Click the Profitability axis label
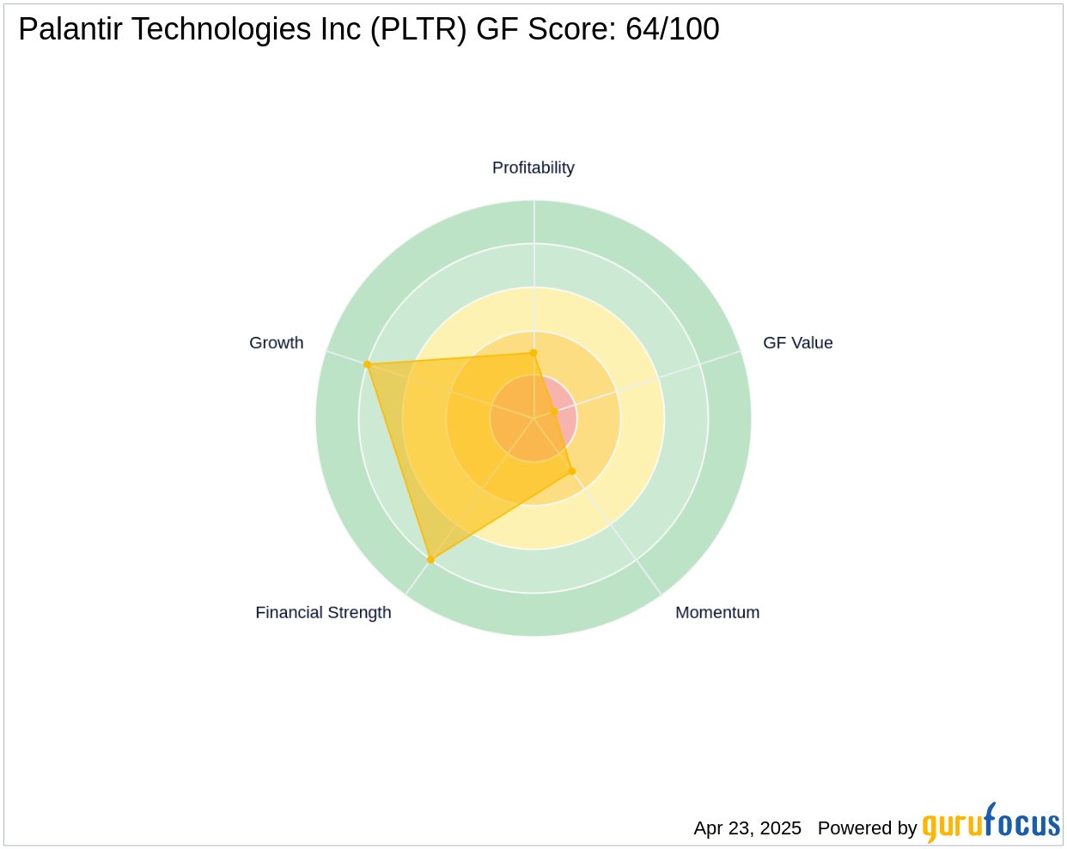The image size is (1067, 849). [533, 168]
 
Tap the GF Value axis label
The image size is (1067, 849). [797, 343]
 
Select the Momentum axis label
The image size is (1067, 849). [717, 613]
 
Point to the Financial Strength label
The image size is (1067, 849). [323, 613]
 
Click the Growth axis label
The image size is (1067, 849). [276, 343]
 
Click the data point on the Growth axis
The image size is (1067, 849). [368, 364]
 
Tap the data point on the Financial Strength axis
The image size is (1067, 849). [430, 560]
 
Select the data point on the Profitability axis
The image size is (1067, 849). [533, 352]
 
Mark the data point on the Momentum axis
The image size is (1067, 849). [572, 471]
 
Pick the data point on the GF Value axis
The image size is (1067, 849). [554, 412]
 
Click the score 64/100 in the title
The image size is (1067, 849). [672, 29]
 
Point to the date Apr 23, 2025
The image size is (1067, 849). [747, 828]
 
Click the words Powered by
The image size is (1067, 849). [867, 828]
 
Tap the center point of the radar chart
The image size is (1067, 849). [533, 418]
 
